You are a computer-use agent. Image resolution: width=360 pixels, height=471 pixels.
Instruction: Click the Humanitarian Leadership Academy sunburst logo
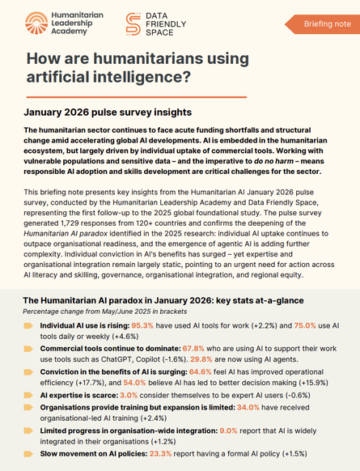click(x=36, y=23)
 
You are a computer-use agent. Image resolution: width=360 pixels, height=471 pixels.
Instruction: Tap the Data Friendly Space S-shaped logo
click(x=133, y=24)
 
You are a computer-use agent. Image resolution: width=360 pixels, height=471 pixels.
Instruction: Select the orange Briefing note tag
click(x=322, y=24)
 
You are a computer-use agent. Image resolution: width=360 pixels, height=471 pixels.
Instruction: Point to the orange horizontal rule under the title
click(x=137, y=97)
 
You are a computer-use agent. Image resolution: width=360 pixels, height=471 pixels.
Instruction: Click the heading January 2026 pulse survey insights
click(x=108, y=112)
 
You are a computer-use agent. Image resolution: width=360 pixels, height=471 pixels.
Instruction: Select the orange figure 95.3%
click(x=142, y=325)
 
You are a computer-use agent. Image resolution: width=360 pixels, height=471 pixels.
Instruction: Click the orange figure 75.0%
click(x=305, y=325)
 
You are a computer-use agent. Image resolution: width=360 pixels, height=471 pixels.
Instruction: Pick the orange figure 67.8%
click(x=193, y=349)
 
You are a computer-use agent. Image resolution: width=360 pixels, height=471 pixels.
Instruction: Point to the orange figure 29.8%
click(x=201, y=359)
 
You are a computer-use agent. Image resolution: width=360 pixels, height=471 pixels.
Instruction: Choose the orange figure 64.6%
click(x=201, y=372)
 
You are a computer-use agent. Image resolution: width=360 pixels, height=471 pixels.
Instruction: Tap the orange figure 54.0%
click(x=134, y=383)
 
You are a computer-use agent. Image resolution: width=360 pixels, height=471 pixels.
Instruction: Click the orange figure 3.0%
click(x=129, y=395)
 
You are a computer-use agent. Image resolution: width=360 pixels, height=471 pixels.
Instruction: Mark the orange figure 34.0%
click(x=248, y=408)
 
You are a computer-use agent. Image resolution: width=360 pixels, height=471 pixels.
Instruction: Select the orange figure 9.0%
click(x=228, y=431)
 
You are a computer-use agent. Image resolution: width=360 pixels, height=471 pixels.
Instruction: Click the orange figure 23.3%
click(x=160, y=453)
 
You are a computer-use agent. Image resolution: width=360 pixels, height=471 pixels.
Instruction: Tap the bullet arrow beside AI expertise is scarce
click(x=28, y=395)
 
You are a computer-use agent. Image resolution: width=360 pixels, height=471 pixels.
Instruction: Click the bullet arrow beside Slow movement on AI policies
click(x=28, y=454)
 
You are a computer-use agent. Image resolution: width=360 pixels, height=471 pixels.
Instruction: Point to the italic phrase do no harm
click(x=273, y=161)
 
